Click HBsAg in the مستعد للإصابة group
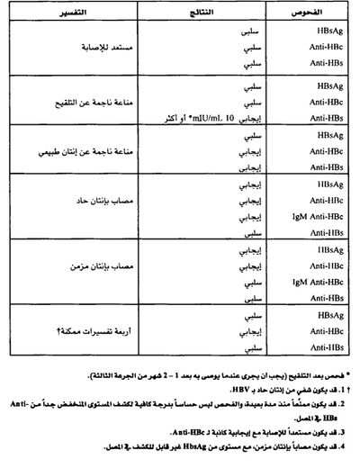coord(319,31)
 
